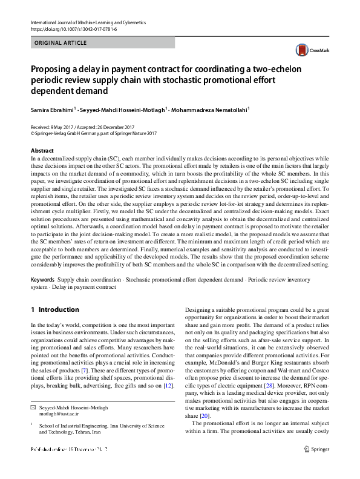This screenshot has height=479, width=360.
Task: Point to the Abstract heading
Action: pyautogui.click(x=42, y=150)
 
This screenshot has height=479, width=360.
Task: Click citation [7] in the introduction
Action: pyautogui.click(x=85, y=369)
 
